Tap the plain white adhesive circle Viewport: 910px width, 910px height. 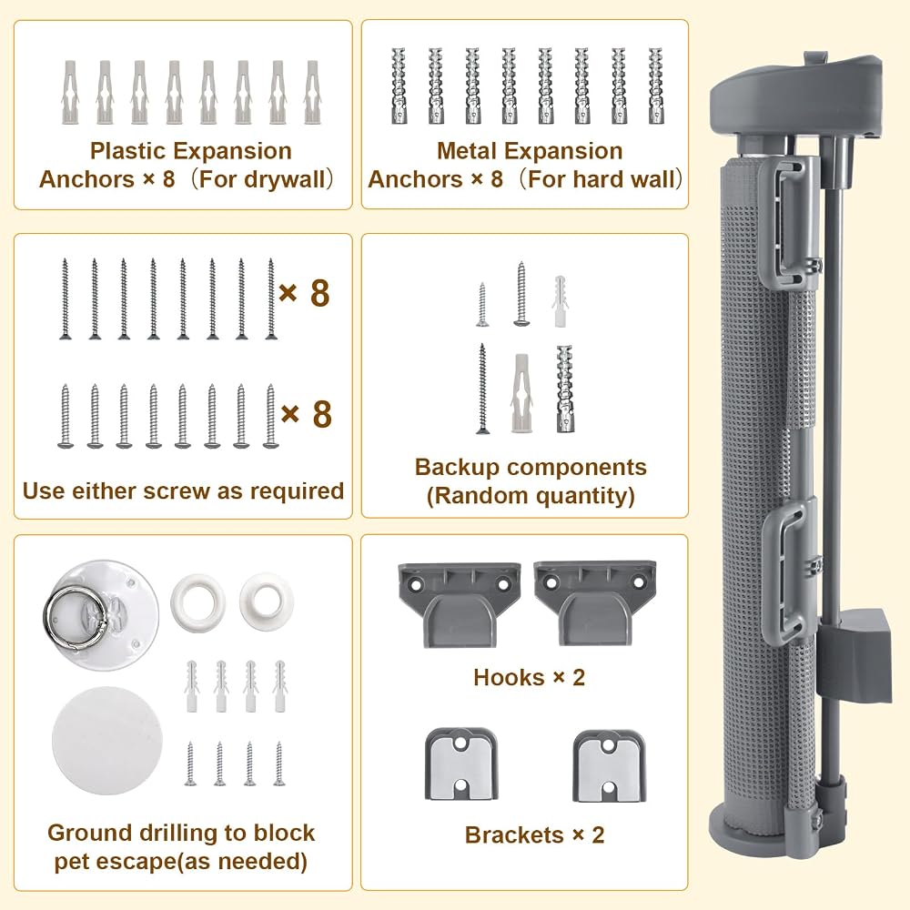pyautogui.click(x=106, y=741)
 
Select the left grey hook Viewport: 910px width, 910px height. pyautogui.click(x=459, y=603)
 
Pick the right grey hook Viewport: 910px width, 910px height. pyautogui.click(x=595, y=603)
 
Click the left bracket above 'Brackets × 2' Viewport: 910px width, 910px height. pyautogui.click(x=460, y=764)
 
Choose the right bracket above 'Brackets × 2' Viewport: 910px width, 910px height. pyautogui.click(x=610, y=766)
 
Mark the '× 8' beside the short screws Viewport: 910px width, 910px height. pyautogui.click(x=306, y=414)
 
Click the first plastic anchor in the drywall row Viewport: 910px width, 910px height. pyautogui.click(x=69, y=92)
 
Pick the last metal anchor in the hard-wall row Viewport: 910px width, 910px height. pyautogui.click(x=655, y=86)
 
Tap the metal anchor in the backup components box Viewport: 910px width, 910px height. pyautogui.click(x=565, y=389)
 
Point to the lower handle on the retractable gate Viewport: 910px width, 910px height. pyautogui.click(x=785, y=572)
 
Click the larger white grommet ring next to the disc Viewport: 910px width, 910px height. pyautogui.click(x=197, y=602)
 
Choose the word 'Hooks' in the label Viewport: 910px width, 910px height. pyautogui.click(x=509, y=677)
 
